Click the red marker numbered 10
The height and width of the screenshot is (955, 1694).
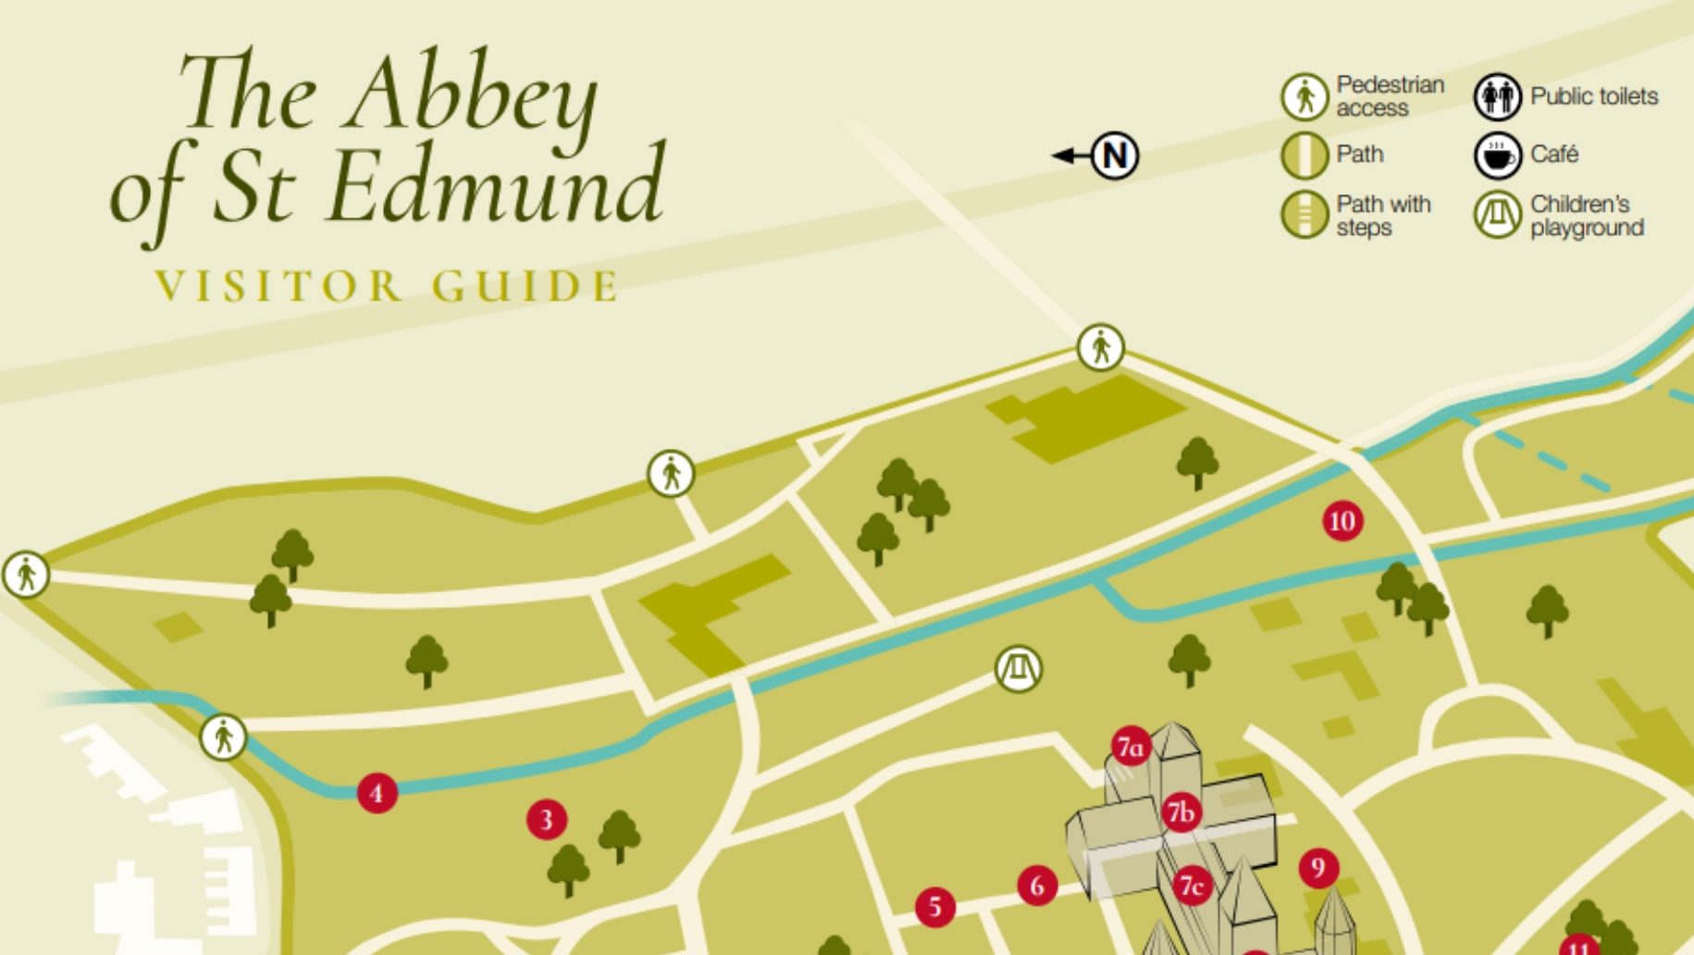[1342, 521]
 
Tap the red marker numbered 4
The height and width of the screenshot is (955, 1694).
[377, 793]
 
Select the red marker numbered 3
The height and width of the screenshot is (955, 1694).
[546, 819]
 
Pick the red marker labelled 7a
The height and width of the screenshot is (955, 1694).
[1131, 746]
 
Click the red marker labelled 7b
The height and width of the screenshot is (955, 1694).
[1181, 812]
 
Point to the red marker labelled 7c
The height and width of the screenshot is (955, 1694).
[1193, 887]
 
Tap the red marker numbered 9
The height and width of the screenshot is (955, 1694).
[1318, 868]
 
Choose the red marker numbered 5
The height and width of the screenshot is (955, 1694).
[935, 907]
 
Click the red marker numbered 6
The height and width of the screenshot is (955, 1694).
[1037, 886]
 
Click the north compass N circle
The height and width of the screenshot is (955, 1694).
[1115, 155]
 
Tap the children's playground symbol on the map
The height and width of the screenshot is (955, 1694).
[1018, 668]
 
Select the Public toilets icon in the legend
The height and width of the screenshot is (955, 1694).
[1497, 96]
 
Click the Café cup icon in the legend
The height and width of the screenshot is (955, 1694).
[1497, 155]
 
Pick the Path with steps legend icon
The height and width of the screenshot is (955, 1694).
[1305, 215]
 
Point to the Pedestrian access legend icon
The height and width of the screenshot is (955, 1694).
[1305, 96]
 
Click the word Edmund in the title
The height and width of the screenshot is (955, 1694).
[496, 185]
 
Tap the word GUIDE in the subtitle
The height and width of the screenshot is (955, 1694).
[525, 286]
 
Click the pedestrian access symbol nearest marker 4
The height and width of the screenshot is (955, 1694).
[223, 738]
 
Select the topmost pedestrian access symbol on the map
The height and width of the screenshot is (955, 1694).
[1100, 348]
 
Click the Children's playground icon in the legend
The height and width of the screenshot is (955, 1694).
[1497, 215]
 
